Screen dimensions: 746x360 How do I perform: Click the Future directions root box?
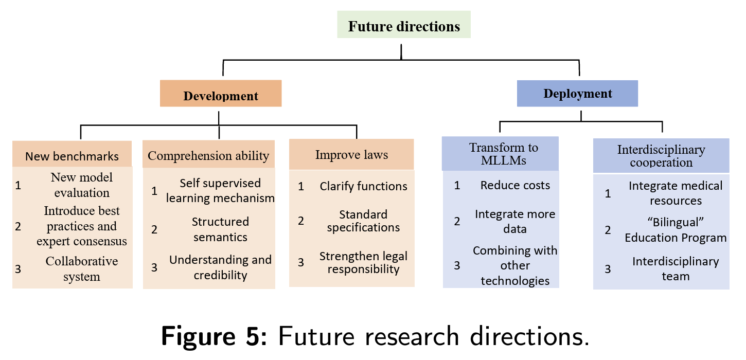click(x=404, y=26)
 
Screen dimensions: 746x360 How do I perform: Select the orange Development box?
click(x=221, y=96)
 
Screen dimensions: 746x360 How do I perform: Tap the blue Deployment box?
click(x=577, y=94)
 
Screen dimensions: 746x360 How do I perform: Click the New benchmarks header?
click(x=72, y=156)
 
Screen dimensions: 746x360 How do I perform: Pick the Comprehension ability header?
click(x=208, y=156)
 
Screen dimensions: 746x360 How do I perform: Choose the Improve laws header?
click(x=351, y=155)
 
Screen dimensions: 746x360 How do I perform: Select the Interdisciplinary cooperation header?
click(x=661, y=156)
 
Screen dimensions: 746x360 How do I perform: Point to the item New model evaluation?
click(x=81, y=185)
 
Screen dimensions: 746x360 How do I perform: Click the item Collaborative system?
click(x=81, y=268)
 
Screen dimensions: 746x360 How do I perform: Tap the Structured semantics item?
click(x=220, y=229)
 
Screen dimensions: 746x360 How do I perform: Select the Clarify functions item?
click(x=363, y=186)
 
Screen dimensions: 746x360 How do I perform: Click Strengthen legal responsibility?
click(x=363, y=262)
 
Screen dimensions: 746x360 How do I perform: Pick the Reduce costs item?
click(x=515, y=185)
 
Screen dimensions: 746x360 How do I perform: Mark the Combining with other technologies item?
click(x=515, y=265)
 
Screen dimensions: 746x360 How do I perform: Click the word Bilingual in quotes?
click(x=676, y=223)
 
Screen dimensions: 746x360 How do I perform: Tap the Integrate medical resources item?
click(x=676, y=193)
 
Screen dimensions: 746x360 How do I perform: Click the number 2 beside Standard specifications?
click(x=301, y=221)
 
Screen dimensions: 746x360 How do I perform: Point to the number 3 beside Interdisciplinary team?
click(x=608, y=268)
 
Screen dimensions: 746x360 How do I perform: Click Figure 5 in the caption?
click(x=214, y=336)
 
